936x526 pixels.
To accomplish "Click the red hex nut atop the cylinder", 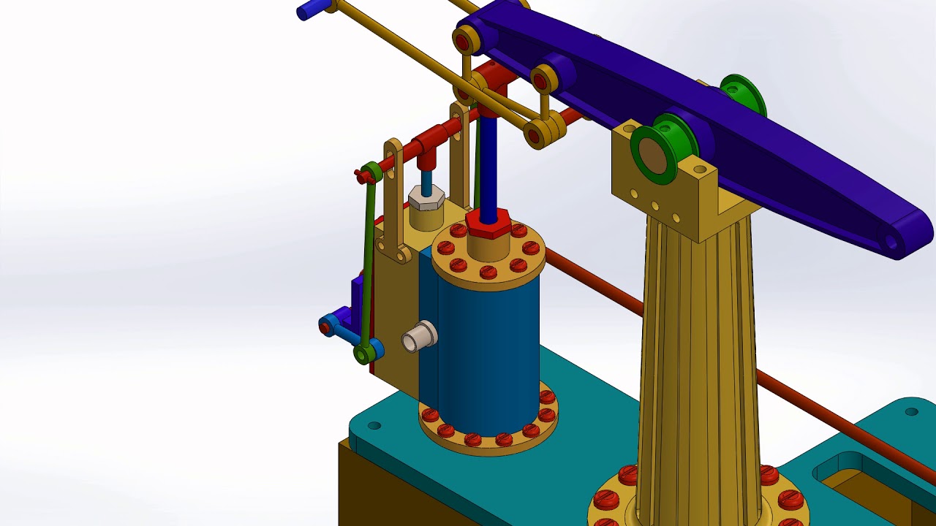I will (488, 222).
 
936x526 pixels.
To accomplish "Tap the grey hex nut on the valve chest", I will (426, 196).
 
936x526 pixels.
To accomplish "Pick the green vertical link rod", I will (369, 263).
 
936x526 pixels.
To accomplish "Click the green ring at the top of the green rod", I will (372, 173).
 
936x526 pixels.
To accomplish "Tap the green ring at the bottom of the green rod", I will (363, 355).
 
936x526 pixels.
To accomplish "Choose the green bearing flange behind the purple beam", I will (744, 94).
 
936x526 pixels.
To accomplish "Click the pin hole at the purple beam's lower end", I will (891, 240).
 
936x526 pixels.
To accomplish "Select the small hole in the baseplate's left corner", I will (374, 425).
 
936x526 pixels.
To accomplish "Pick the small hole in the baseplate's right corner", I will (911, 412).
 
